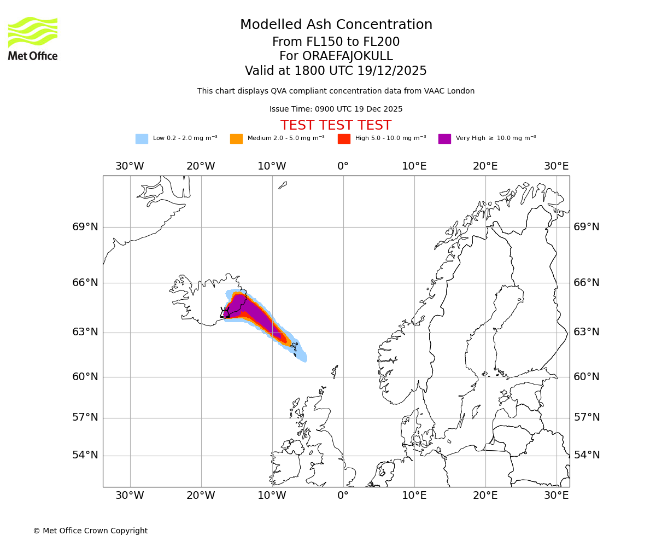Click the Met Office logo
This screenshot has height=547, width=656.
pyautogui.click(x=33, y=39)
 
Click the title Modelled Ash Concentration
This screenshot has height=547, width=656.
pyautogui.click(x=336, y=25)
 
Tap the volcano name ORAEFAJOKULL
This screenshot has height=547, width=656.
pyautogui.click(x=336, y=56)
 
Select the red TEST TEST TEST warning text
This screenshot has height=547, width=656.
pyautogui.click(x=336, y=125)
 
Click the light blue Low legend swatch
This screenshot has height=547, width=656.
pyautogui.click(x=142, y=138)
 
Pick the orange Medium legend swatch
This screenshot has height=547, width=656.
pyautogui.click(x=236, y=138)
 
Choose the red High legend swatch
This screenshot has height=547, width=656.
pyautogui.click(x=344, y=138)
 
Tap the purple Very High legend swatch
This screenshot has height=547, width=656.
pyautogui.click(x=444, y=138)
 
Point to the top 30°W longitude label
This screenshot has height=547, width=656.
pyautogui.click(x=130, y=166)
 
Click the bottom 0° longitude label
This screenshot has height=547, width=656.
pyautogui.click(x=343, y=496)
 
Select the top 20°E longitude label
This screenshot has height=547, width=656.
pyautogui.click(x=485, y=166)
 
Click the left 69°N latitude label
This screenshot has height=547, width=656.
pyautogui.click(x=85, y=227)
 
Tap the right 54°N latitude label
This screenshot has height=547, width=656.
pyautogui.click(x=587, y=455)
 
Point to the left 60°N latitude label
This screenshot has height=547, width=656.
pyautogui.click(x=85, y=377)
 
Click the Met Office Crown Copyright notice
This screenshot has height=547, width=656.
pyautogui.click(x=90, y=531)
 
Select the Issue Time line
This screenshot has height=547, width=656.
pyautogui.click(x=336, y=109)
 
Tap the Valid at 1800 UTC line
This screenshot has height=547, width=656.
pyautogui.click(x=336, y=71)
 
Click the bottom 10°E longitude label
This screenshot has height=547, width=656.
pyautogui.click(x=414, y=496)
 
